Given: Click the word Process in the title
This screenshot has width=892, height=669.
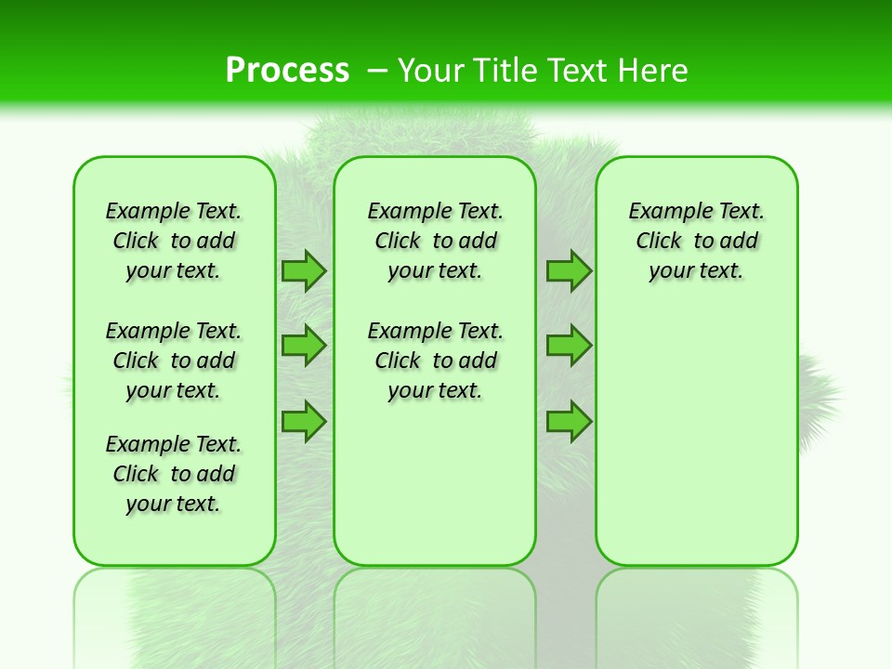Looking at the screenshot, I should pyautogui.click(x=287, y=70).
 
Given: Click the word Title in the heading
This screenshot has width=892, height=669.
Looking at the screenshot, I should pyautogui.click(x=505, y=71).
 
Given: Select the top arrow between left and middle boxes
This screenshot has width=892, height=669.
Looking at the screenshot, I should pyautogui.click(x=304, y=270).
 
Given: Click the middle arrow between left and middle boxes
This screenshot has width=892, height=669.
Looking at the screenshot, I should pyautogui.click(x=304, y=346).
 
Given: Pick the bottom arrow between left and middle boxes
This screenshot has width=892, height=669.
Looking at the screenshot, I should pyautogui.click(x=304, y=421).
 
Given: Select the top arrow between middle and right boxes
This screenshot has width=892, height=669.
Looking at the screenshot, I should pyautogui.click(x=569, y=270).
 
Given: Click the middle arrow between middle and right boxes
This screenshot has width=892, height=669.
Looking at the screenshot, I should pyautogui.click(x=569, y=346).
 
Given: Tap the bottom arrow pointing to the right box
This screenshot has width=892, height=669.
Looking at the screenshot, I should pyautogui.click(x=569, y=421).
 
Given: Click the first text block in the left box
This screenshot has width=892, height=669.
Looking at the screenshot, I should pyautogui.click(x=174, y=241).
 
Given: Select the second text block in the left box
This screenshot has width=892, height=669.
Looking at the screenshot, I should pyautogui.click(x=174, y=361).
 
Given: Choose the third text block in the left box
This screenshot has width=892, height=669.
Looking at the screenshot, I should pyautogui.click(x=174, y=474).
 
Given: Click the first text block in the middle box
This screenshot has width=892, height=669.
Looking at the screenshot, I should pyautogui.click(x=436, y=241).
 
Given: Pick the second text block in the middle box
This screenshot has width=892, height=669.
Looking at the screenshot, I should pyautogui.click(x=436, y=361).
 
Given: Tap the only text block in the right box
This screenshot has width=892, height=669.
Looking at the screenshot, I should pyautogui.click(x=697, y=241).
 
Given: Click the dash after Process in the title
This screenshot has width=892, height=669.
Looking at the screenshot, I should pyautogui.click(x=377, y=71).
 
